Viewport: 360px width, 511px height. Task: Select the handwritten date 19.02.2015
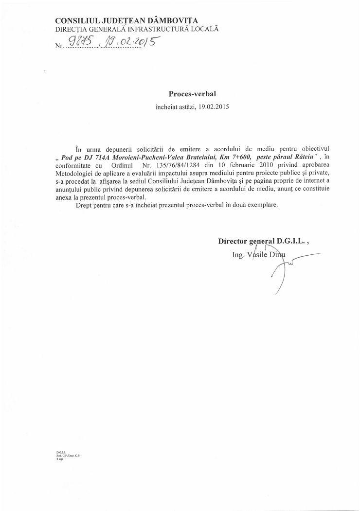click(128, 45)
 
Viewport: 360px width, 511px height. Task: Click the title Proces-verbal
click(189, 94)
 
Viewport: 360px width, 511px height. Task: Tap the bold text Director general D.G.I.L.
click(261, 241)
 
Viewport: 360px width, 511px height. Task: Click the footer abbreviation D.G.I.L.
click(60, 452)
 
